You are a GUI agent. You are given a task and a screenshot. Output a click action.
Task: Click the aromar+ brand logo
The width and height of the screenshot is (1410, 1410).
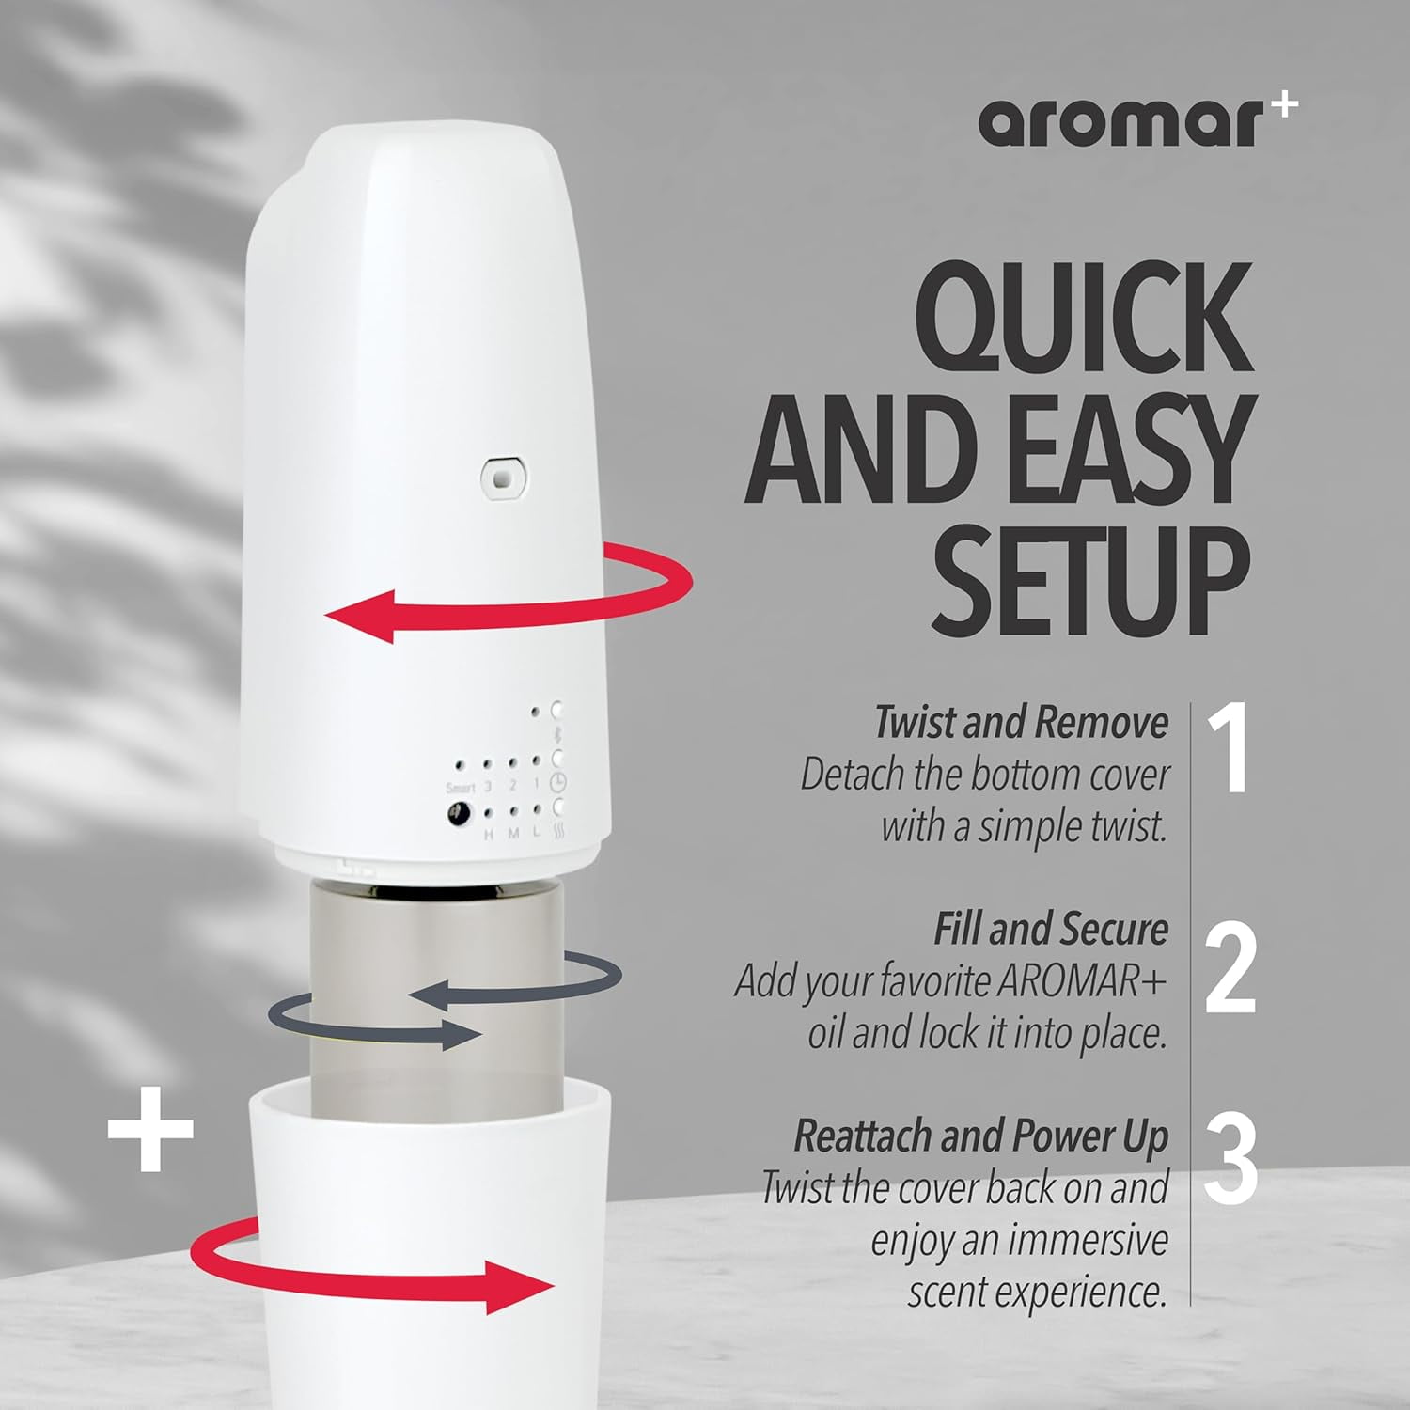coord(1138,122)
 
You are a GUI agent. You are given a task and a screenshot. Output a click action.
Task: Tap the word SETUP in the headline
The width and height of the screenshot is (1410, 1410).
coord(1091,584)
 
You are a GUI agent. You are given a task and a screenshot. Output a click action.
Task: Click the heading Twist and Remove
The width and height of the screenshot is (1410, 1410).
coord(1021,723)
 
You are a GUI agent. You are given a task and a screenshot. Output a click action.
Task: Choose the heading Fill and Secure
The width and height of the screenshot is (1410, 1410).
coord(1051,930)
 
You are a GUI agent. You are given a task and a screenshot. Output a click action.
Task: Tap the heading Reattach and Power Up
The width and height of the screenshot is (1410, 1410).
coord(981,1136)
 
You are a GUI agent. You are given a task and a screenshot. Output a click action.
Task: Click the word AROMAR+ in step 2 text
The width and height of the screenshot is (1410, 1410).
coord(1081,981)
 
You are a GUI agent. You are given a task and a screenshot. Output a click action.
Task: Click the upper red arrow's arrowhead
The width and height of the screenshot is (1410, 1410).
coord(361,615)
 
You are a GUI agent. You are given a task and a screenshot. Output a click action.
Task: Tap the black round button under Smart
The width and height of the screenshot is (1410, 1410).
coord(459,814)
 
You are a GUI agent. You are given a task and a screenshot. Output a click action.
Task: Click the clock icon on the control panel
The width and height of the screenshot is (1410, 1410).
coord(557,783)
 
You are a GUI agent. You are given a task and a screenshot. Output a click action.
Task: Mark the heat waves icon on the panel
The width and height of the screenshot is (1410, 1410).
coord(558,832)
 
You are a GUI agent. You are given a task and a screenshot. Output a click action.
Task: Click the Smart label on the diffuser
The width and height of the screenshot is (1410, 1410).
coord(461,788)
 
